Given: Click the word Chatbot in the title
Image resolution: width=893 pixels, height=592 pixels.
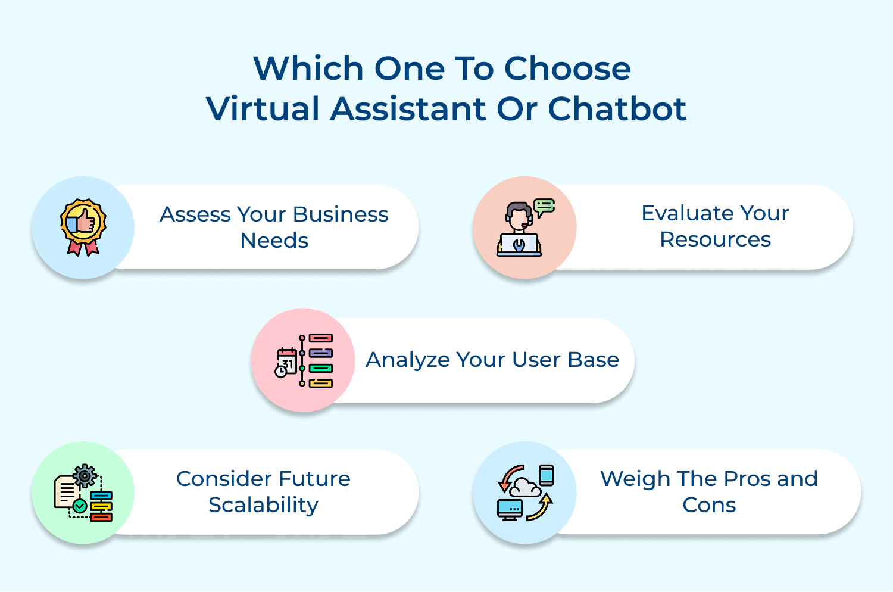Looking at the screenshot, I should (x=617, y=109).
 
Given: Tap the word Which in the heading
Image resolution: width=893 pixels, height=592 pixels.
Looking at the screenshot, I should (x=308, y=68).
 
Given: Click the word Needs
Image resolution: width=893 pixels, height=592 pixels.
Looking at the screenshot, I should (x=274, y=241).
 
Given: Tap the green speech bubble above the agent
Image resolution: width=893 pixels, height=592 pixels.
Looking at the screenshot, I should (x=544, y=207).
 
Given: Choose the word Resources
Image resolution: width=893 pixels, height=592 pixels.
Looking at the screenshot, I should (x=715, y=239).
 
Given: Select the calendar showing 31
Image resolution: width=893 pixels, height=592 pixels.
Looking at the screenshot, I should (x=287, y=361).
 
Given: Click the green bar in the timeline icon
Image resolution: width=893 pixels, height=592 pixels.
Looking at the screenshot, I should (x=320, y=369).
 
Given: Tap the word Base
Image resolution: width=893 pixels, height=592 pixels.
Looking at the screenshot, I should (x=593, y=360).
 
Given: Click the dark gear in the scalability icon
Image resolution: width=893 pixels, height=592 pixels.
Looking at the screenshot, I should (x=85, y=476).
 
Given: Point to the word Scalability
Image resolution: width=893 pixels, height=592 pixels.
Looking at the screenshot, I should (x=263, y=505).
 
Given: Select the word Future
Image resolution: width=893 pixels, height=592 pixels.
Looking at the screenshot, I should (x=314, y=479).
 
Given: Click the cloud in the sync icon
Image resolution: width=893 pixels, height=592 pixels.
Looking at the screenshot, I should (x=526, y=487).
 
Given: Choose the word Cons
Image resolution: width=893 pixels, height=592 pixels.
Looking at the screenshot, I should (x=709, y=505).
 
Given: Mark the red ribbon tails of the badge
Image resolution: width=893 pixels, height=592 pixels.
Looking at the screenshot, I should (x=83, y=247).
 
